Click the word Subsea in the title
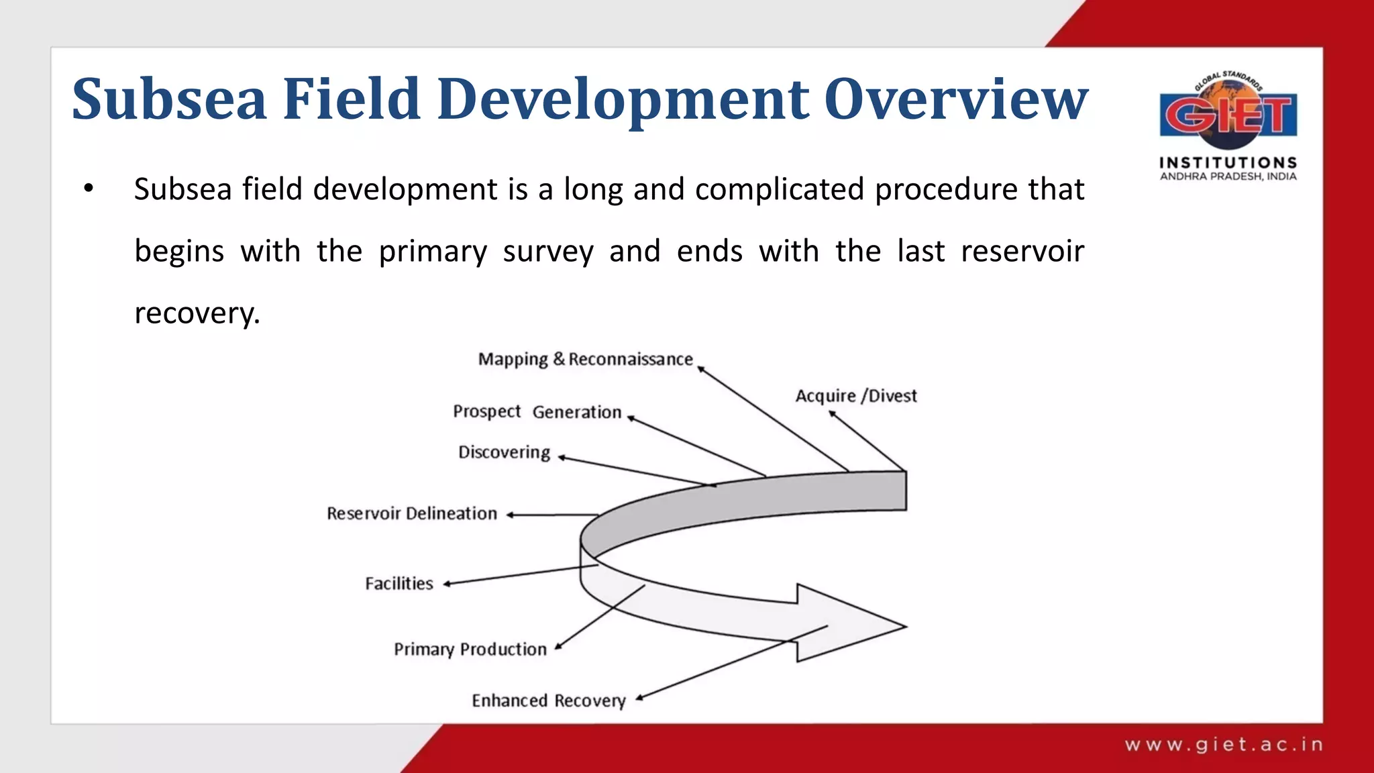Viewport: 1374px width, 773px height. (169, 99)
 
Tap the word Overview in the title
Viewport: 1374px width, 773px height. (955, 99)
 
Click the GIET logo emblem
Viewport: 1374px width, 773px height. (1228, 113)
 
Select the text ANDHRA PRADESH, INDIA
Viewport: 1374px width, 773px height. (1228, 176)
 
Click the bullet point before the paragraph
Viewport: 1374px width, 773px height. (89, 189)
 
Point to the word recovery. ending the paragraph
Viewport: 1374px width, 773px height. (197, 313)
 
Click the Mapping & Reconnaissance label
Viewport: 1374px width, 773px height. (585, 360)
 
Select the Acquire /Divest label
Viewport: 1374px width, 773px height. (855, 396)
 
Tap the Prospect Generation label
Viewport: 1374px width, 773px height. (537, 411)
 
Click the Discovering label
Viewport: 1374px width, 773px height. (504, 452)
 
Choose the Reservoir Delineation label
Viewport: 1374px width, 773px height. (412, 514)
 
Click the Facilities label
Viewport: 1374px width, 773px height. (399, 584)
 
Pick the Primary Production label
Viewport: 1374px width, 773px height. (470, 650)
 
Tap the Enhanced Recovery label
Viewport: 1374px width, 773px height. (548, 701)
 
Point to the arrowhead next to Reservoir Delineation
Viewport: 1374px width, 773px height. (511, 515)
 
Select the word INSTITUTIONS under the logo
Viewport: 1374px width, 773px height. (1228, 162)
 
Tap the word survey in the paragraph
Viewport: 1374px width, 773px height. (547, 252)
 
